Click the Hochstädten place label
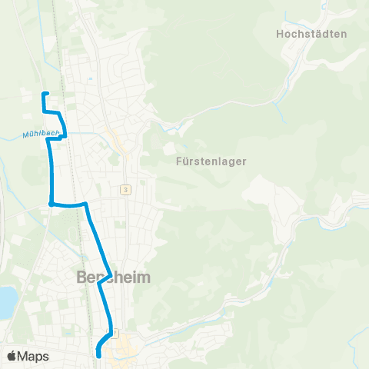tap(311, 34)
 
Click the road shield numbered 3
tap(124, 189)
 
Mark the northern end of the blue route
tap(43, 94)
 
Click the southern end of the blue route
tap(99, 355)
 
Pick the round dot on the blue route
tap(51, 204)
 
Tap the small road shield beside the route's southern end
tap(115, 333)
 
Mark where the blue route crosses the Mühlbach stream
tap(65, 134)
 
